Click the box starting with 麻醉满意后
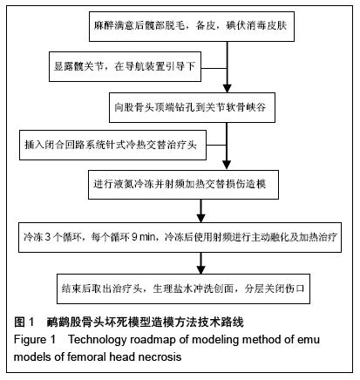click(x=192, y=26)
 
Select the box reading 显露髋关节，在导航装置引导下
click(x=125, y=66)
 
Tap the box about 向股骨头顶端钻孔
click(x=192, y=107)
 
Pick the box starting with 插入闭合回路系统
click(x=112, y=145)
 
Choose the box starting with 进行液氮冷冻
click(x=183, y=185)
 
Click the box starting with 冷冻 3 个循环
click(x=180, y=237)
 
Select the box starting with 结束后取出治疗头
click(x=183, y=288)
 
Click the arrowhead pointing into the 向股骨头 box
click(x=227, y=89)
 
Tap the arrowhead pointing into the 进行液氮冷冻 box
click(x=227, y=165)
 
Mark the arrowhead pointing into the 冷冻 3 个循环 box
click(x=200, y=218)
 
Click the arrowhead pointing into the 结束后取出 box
click(x=200, y=269)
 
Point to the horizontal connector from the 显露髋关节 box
click(x=214, y=69)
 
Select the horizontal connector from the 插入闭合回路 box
click(x=216, y=145)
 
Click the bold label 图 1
click(x=24, y=322)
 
